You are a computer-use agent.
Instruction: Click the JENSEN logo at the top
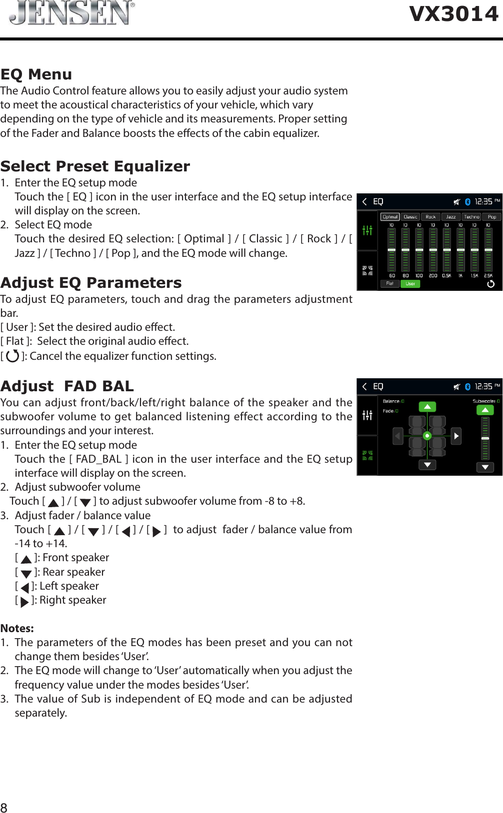click(x=71, y=12)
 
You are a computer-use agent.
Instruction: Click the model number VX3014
click(x=453, y=13)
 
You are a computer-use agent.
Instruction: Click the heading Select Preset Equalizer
click(x=95, y=166)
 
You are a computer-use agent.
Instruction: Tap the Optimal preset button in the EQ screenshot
click(x=390, y=217)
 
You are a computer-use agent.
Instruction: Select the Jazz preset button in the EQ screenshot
click(x=450, y=217)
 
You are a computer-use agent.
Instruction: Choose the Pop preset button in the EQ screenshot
click(x=491, y=217)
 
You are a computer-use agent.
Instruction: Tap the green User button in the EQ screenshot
click(x=410, y=283)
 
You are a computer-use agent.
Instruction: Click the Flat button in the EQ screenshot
click(x=389, y=283)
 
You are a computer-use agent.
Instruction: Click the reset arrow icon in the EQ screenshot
click(x=490, y=284)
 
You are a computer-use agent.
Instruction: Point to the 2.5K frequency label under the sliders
click(x=488, y=275)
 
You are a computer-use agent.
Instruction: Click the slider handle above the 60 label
click(x=392, y=250)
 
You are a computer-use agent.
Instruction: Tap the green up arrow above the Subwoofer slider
click(x=484, y=410)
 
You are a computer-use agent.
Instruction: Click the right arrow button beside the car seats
click(x=456, y=436)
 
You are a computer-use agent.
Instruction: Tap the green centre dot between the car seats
click(x=427, y=436)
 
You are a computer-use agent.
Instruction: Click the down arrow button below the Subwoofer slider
click(x=484, y=467)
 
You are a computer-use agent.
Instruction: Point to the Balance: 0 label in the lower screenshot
click(x=393, y=401)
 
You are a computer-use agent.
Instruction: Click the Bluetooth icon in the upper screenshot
click(x=467, y=202)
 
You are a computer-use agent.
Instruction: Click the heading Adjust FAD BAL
click(x=67, y=386)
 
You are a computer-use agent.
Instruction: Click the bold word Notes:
click(x=17, y=628)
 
